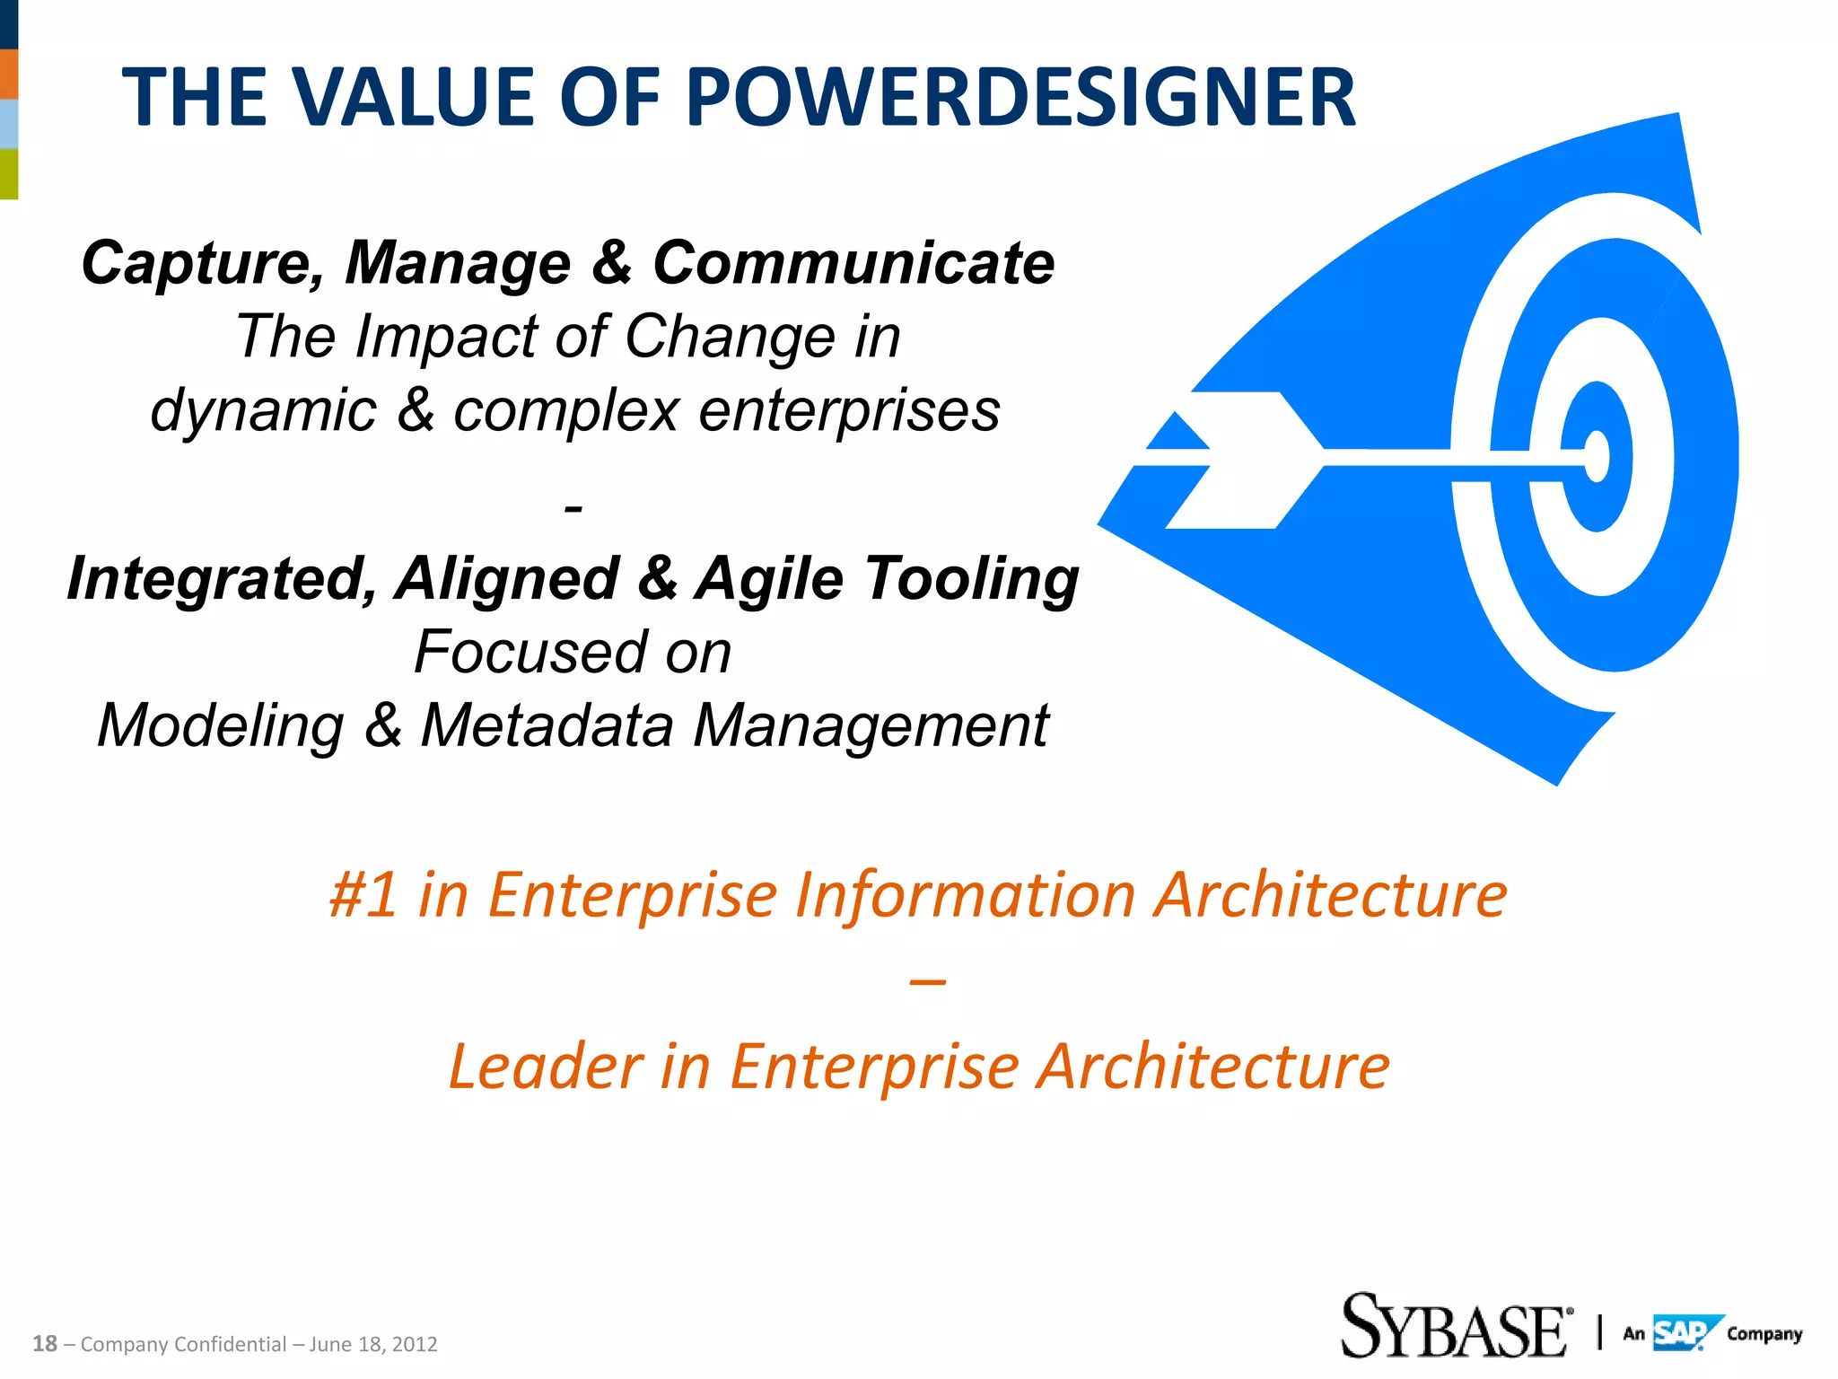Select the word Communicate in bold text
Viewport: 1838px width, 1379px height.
point(853,263)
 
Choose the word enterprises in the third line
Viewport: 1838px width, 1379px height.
point(849,411)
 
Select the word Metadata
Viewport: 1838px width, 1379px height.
point(547,725)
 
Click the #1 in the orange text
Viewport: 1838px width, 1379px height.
point(363,895)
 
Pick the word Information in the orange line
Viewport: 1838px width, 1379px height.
point(967,895)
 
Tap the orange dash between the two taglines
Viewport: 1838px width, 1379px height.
point(927,982)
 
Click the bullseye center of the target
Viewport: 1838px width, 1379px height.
point(1597,456)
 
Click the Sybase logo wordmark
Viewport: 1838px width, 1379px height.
point(1454,1327)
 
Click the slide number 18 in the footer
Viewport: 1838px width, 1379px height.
point(45,1344)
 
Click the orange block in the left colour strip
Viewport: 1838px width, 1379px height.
point(8,74)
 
